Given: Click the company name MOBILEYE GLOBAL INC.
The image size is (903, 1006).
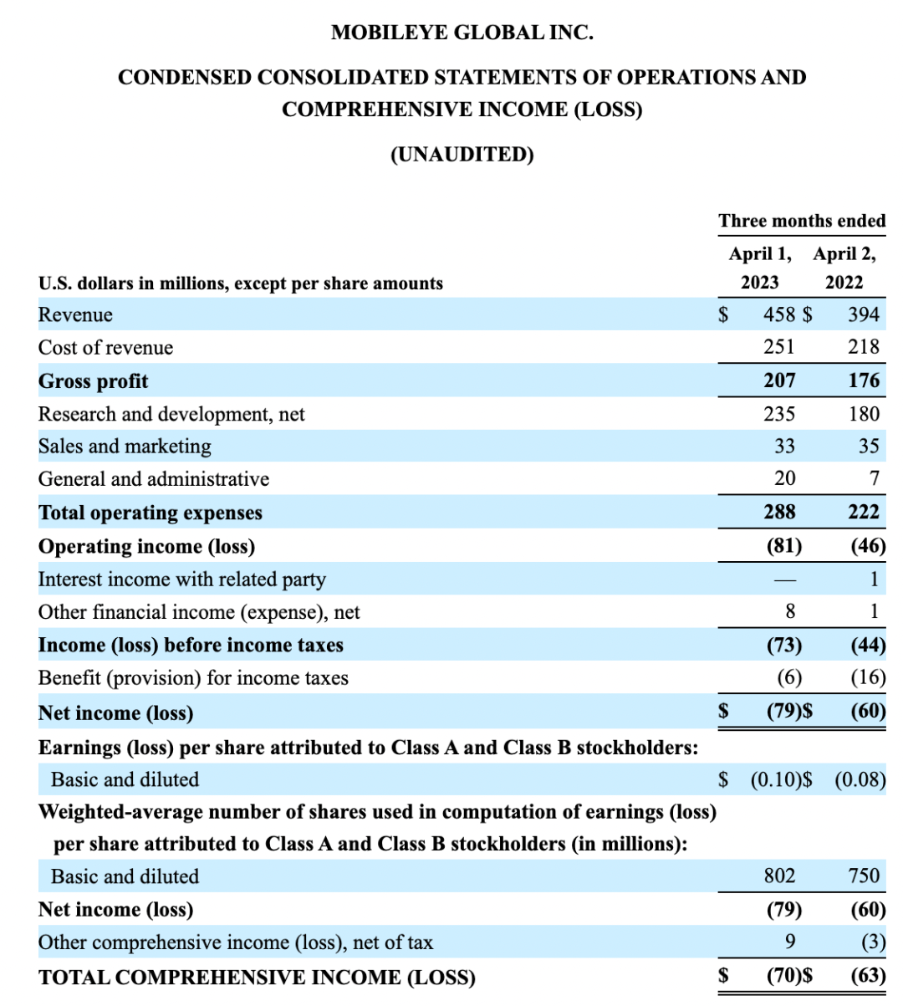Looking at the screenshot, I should [x=462, y=33].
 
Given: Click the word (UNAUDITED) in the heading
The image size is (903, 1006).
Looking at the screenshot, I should [x=462, y=155].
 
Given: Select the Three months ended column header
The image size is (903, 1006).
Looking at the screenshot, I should [x=802, y=221].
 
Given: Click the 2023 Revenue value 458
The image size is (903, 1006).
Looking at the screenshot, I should [x=779, y=314].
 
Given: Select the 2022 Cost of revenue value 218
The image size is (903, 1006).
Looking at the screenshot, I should [x=864, y=347].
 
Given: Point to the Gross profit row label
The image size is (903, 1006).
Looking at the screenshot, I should [x=93, y=381].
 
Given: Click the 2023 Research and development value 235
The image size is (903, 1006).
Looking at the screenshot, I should [x=779, y=414].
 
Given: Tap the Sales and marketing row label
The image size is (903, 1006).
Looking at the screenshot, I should [x=125, y=447].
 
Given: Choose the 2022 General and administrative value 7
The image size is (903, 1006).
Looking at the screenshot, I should [x=874, y=478].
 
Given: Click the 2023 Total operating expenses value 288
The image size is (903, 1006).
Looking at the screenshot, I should [x=779, y=512].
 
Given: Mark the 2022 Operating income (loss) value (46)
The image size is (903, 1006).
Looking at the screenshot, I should [x=868, y=546].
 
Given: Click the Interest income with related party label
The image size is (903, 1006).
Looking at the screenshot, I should [x=181, y=580].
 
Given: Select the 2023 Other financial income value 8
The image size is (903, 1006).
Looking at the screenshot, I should [x=790, y=612].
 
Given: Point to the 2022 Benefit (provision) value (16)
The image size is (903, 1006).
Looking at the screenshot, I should [x=868, y=677].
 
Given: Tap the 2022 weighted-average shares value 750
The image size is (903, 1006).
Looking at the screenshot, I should [x=864, y=876].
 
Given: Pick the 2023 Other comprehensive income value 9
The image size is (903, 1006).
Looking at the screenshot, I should [x=790, y=942].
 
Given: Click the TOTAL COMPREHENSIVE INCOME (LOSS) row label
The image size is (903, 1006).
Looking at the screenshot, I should [x=257, y=978].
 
